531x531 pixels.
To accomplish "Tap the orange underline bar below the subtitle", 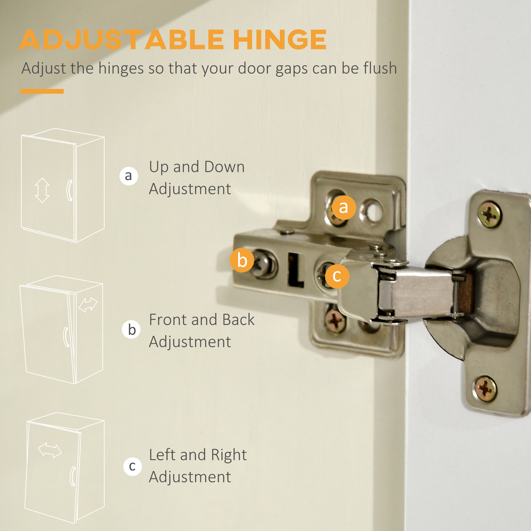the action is [x=42, y=91].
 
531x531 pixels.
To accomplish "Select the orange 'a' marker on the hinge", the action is [x=344, y=208].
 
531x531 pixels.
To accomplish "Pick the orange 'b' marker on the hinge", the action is [x=242, y=260].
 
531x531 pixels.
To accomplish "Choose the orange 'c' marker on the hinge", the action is [x=337, y=276].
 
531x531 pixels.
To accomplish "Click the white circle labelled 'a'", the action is [x=129, y=176].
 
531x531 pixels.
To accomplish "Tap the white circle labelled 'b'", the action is [x=131, y=329].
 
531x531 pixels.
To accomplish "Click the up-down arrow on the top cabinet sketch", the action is [x=42, y=190].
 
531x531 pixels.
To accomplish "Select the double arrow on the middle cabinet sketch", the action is [x=88, y=305].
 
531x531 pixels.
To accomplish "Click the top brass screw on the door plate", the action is [x=489, y=214].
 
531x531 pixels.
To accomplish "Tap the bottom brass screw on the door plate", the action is [x=486, y=389].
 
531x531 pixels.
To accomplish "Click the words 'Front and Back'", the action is [x=202, y=320].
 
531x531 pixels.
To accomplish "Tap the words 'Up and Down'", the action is [x=197, y=167].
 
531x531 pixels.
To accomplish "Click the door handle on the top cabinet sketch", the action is [x=70, y=190].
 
